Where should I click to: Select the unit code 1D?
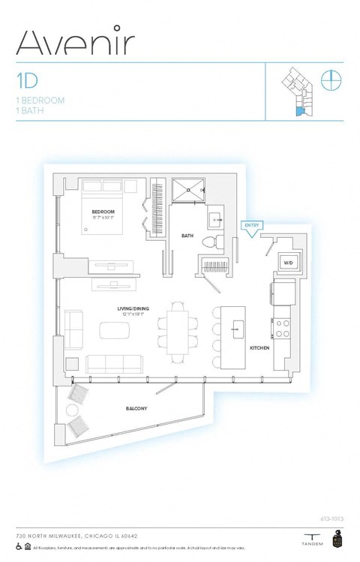coord(27,79)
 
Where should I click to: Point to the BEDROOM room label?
coord(103,212)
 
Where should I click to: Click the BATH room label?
coord(187,236)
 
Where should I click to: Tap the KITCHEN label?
coord(259,347)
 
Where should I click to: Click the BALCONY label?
coord(136,409)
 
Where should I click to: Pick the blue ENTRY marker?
coord(251,227)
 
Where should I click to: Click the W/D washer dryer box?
coord(287,263)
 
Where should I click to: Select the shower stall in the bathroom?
coord(190,191)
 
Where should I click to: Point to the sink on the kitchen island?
coord(238,329)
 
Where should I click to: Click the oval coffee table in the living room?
coord(115,330)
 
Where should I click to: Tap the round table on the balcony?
coord(73,411)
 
